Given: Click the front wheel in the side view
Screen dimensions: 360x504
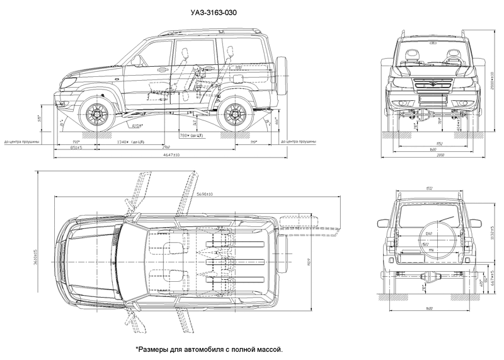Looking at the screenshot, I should coord(96,115).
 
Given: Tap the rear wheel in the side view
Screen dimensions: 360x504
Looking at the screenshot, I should coord(236,115).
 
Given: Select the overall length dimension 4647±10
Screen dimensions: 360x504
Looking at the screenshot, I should coord(168,155).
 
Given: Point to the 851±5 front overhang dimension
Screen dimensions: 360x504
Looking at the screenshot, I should coord(76,149).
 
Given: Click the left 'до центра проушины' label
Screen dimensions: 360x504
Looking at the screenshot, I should coord(21,142).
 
